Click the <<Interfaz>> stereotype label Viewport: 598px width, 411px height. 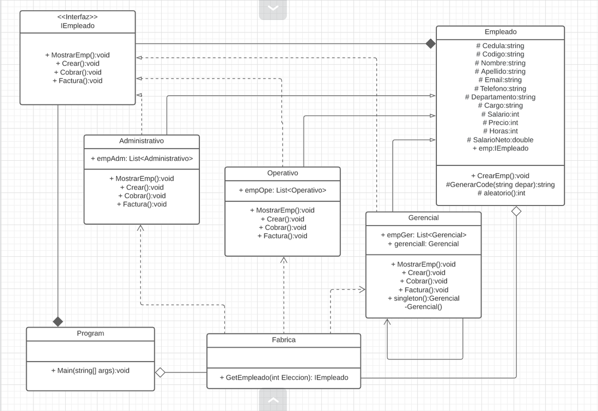click(78, 17)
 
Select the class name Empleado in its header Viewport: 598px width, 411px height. click(500, 32)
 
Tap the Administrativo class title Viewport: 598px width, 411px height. click(142, 141)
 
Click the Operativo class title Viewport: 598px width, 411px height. click(282, 173)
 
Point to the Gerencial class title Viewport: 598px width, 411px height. click(423, 218)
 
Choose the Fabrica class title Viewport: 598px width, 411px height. click(283, 340)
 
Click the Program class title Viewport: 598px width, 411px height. click(90, 333)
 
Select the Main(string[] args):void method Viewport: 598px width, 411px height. click(90, 370)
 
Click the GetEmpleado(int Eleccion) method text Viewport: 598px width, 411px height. click(283, 378)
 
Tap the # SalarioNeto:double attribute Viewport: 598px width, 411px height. click(500, 140)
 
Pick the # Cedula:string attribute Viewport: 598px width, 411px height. click(500, 46)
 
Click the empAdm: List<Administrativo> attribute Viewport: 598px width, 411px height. click(142, 159)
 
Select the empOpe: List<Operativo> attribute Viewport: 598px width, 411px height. click(282, 190)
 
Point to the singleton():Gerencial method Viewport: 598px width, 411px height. click(423, 298)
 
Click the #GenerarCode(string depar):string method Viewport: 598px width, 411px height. click(500, 184)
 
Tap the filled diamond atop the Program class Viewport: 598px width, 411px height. click(58, 322)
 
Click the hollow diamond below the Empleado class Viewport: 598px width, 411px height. click(516, 211)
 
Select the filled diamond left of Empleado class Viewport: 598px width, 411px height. click(430, 44)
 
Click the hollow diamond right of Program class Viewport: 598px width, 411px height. click(160, 372)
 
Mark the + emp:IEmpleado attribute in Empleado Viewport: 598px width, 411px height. click(500, 148)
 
